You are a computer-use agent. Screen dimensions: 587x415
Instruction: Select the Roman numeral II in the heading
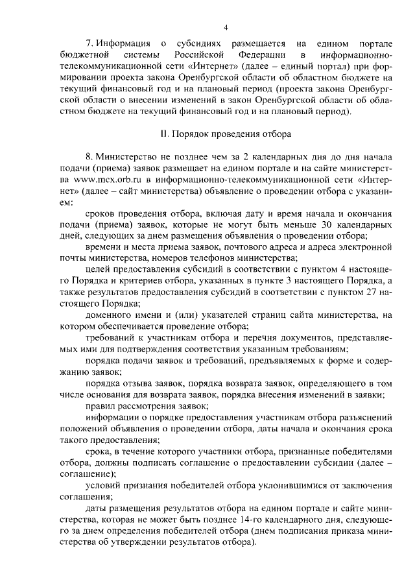(164, 134)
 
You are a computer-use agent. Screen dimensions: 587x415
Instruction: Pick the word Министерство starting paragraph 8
(127, 157)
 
